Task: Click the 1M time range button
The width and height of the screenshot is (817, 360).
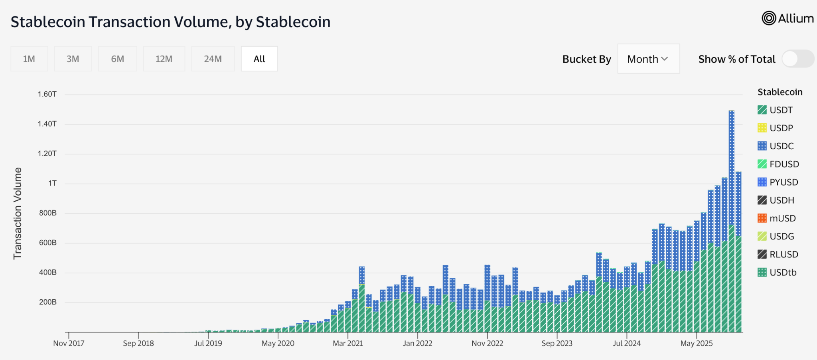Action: tap(29, 59)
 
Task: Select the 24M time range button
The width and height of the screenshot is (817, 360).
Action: tap(213, 59)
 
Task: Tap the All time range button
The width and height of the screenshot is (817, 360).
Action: tap(259, 59)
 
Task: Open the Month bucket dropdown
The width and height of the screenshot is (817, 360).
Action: tap(648, 59)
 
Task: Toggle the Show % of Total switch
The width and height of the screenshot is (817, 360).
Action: tap(797, 59)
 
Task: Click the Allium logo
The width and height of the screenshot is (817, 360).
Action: tap(787, 18)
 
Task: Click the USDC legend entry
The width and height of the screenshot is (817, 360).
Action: tap(781, 146)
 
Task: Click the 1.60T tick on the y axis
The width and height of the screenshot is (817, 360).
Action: tap(47, 94)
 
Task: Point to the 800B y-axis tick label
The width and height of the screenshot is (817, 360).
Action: tap(48, 213)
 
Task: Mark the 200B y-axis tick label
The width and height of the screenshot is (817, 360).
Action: tap(48, 302)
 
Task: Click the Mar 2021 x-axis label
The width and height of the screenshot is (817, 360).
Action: tap(348, 343)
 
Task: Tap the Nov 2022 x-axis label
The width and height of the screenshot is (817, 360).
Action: tap(487, 343)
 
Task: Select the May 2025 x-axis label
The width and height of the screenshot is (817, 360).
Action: tap(696, 343)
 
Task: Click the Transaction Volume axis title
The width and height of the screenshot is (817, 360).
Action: tap(18, 214)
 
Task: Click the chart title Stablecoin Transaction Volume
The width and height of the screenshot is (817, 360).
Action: tap(170, 22)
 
